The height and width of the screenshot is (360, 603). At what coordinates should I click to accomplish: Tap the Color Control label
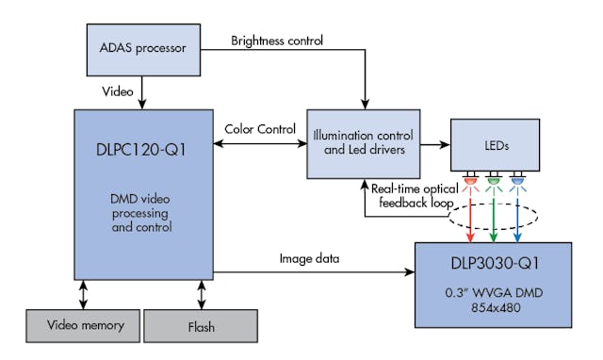(x=260, y=129)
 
